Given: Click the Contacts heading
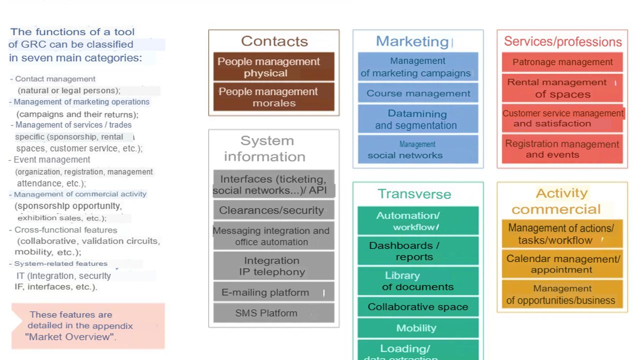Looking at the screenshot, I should (x=274, y=41).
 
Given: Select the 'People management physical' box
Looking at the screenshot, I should (x=273, y=67).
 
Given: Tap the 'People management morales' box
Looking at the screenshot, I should (x=273, y=97).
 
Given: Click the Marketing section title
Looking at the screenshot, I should (x=412, y=41).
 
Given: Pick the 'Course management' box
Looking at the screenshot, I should (x=418, y=93).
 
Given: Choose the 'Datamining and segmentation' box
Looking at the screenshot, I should (x=417, y=119).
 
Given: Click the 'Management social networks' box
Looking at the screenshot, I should (x=417, y=149).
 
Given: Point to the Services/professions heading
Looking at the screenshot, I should (x=562, y=41).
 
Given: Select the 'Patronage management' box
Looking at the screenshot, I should (x=562, y=62).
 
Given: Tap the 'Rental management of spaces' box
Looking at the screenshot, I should (x=562, y=88).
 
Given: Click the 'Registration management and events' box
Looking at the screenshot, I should (x=562, y=149).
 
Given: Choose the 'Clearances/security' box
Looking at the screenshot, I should (x=273, y=210).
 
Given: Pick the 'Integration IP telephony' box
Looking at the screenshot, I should (x=273, y=266).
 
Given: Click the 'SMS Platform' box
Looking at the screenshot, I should (x=273, y=313).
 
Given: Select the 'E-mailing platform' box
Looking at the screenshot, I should (x=273, y=292).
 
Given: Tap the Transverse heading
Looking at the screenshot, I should (x=414, y=194).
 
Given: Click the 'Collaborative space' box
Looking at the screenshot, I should (x=418, y=307).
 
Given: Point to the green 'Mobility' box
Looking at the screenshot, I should (x=418, y=328).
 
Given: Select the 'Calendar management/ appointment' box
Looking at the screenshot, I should (x=562, y=264).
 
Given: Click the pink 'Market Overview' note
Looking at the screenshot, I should (x=88, y=326).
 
